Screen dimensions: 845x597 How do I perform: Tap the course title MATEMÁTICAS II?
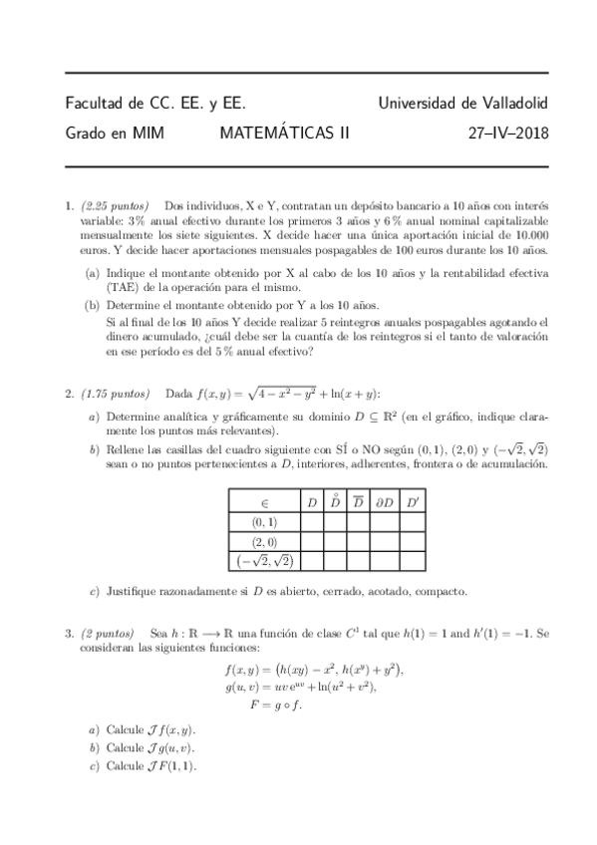click(278, 132)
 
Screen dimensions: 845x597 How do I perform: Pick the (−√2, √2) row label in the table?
click(262, 562)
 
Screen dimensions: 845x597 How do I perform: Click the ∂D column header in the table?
click(384, 501)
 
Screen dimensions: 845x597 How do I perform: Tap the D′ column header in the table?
click(414, 501)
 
